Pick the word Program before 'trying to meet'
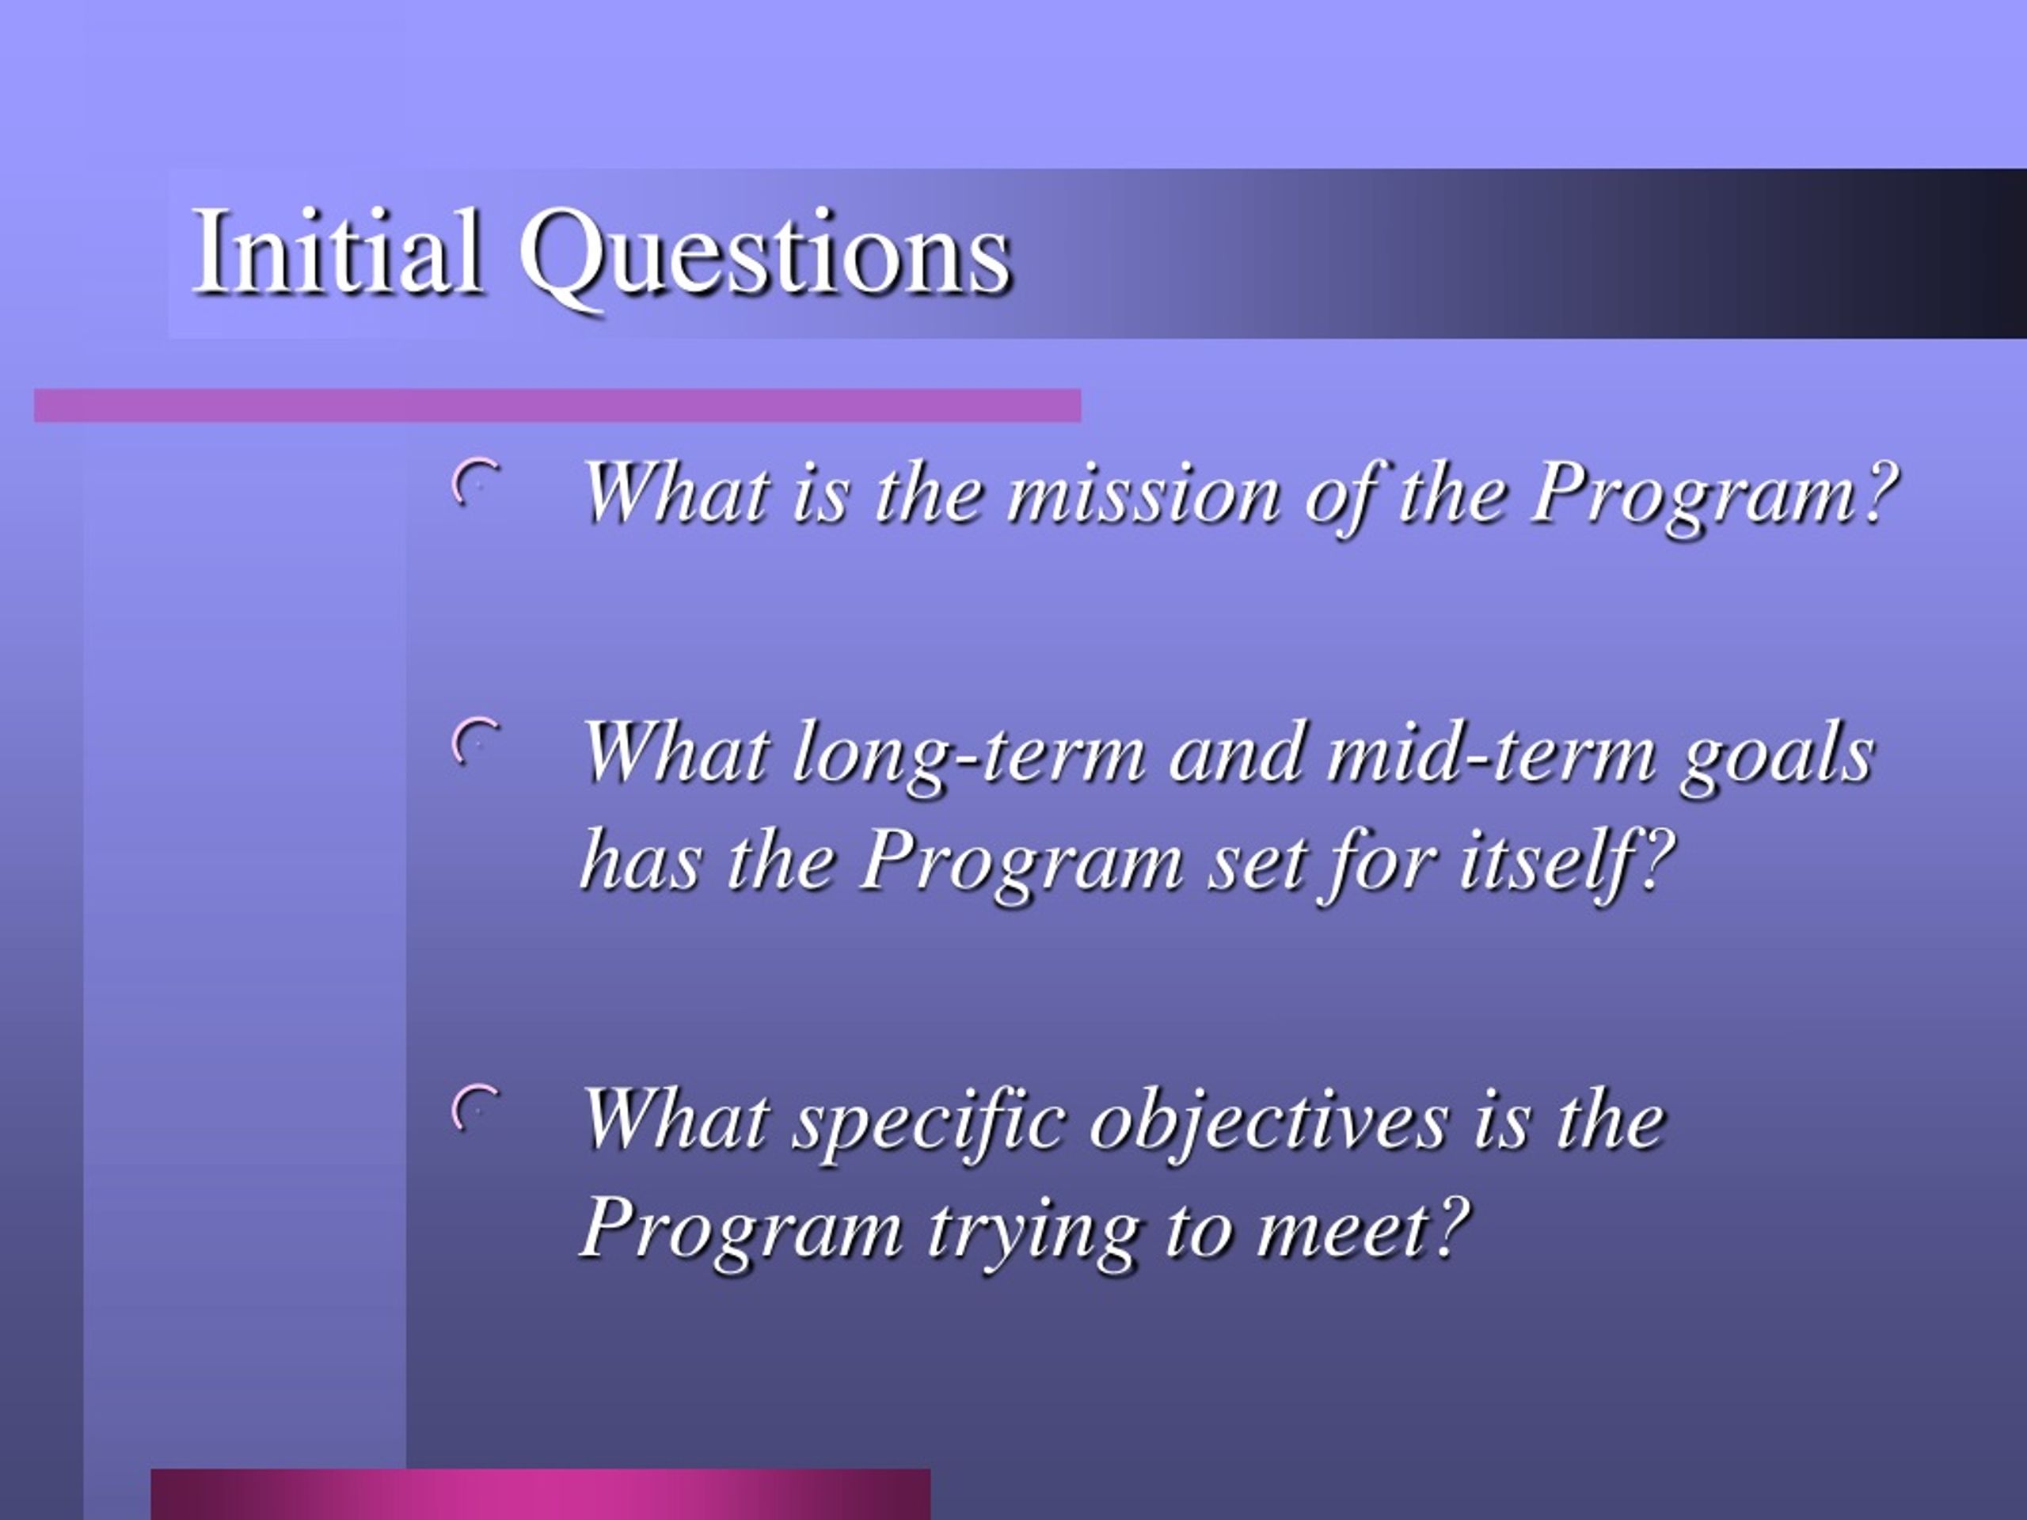pos(742,1233)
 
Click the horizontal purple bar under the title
pos(557,405)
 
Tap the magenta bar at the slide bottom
pos(541,1495)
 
